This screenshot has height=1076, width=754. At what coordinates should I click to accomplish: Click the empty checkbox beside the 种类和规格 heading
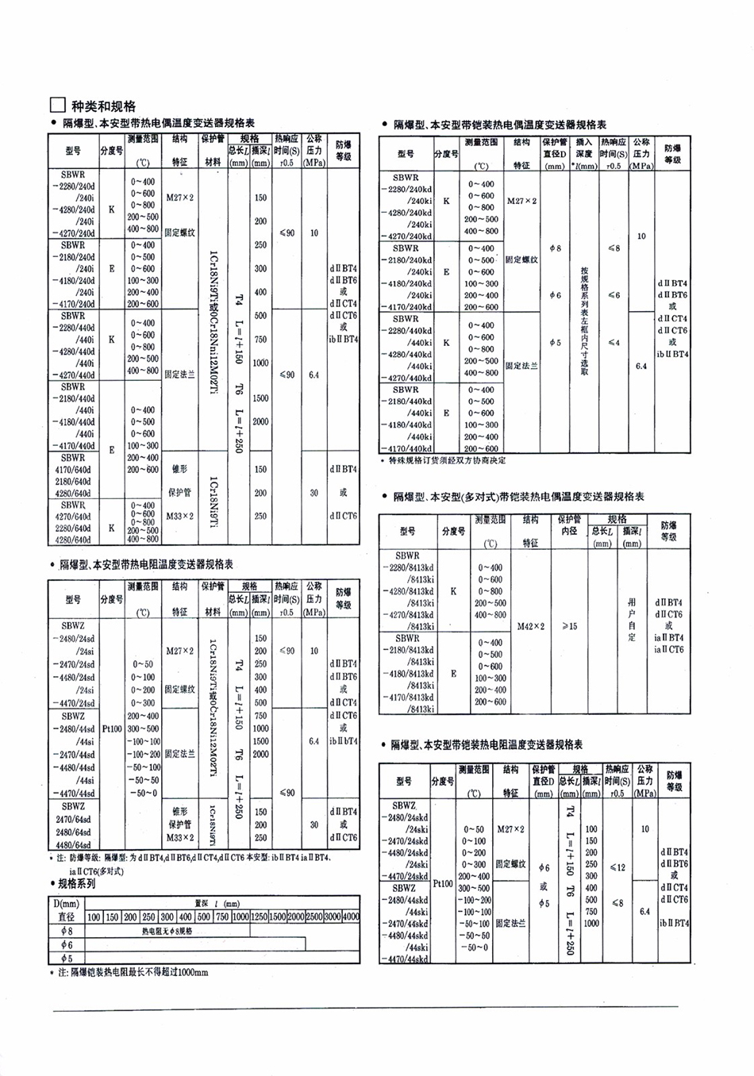(x=56, y=106)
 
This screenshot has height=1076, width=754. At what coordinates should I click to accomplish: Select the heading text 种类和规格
(x=104, y=106)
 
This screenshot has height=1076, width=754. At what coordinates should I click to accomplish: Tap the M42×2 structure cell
(x=531, y=626)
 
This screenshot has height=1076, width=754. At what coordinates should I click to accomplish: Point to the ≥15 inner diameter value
(x=569, y=626)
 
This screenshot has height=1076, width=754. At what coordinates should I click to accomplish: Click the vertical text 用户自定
(x=632, y=620)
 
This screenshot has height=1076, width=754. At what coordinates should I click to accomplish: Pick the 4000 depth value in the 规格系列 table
(x=350, y=917)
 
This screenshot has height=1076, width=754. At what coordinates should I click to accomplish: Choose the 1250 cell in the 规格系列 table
(x=259, y=917)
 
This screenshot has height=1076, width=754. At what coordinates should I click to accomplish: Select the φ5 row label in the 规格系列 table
(x=67, y=958)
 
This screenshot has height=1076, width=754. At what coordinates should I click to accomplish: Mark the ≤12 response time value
(x=617, y=867)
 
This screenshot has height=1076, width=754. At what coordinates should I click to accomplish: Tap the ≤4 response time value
(x=614, y=343)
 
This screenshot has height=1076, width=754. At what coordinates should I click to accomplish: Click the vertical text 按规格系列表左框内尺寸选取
(x=584, y=321)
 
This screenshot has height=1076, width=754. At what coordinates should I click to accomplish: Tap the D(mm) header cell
(x=67, y=903)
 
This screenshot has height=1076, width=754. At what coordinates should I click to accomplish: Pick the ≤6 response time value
(x=614, y=295)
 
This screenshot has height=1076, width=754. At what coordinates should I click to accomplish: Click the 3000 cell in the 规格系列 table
(x=332, y=917)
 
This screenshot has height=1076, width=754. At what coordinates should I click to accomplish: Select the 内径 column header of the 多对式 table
(x=569, y=531)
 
